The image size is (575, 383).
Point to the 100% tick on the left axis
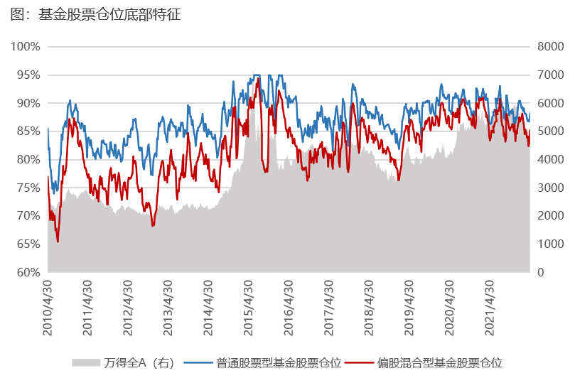tap(26, 47)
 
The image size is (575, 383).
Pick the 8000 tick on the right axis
tap(550, 47)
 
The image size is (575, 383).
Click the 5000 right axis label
tap(550, 131)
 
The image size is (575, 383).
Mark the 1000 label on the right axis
tap(550, 244)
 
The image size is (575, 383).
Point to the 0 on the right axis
tap(542, 272)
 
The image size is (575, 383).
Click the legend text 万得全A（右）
tap(139, 363)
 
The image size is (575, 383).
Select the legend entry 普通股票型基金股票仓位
tap(279, 363)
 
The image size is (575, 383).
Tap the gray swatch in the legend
tap(85, 363)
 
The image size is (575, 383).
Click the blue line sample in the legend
tap(198, 363)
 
